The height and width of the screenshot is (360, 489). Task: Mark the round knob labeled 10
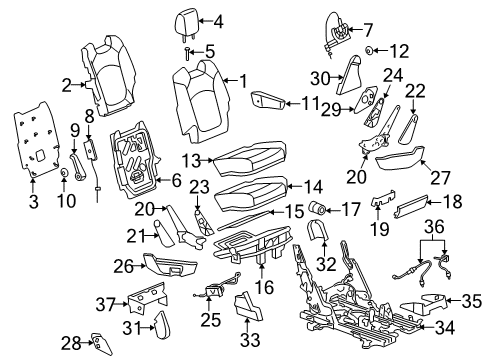tap(64, 176)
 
